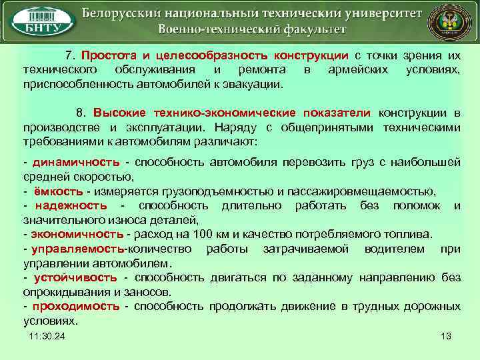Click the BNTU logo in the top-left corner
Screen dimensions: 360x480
click(41, 23)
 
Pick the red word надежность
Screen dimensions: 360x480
click(71, 205)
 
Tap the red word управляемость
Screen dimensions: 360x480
click(77, 249)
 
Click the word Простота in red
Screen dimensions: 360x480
click(105, 55)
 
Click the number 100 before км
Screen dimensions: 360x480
click(201, 234)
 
